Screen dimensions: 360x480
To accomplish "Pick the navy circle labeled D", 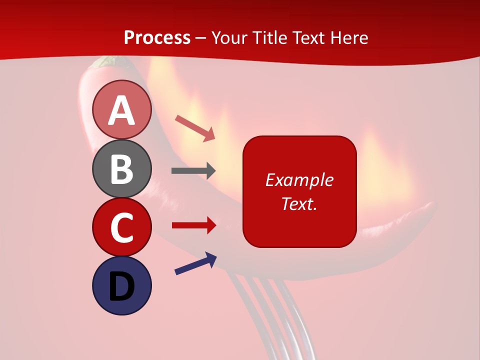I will click(x=121, y=285).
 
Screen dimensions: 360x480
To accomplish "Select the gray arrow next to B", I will click(x=193, y=171).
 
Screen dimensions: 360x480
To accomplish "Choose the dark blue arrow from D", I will click(x=195, y=263).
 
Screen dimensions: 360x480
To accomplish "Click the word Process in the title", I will click(x=157, y=37).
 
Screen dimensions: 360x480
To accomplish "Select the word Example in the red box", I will click(x=299, y=180).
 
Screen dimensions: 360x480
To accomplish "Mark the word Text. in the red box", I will click(x=299, y=203).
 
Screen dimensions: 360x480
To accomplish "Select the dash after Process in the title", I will click(x=201, y=38).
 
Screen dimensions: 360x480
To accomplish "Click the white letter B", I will click(x=121, y=168).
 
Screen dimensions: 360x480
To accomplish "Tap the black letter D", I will click(x=121, y=286).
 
